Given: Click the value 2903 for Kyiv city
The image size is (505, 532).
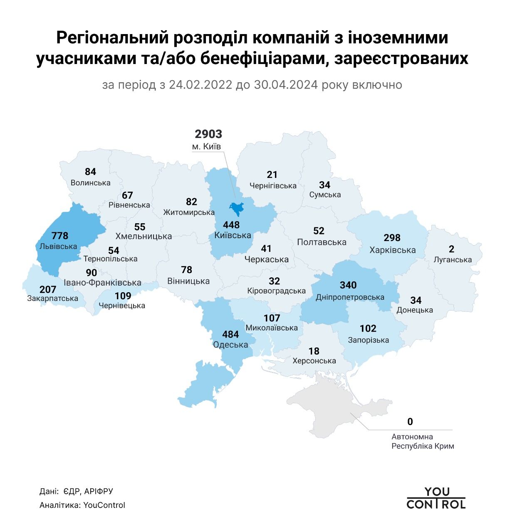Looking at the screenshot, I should click(208, 134).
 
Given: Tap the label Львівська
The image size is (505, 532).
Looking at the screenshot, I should click(58, 246).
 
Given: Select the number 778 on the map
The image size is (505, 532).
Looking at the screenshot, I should click(59, 236).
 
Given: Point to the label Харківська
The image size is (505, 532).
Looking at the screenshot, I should click(392, 250).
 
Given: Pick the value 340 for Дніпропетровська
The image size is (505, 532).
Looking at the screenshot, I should click(348, 285).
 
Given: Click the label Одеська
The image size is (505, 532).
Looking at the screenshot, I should click(230, 345).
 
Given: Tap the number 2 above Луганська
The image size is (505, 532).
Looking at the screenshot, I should click(451, 249).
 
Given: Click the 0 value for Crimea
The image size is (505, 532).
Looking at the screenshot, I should click(410, 422).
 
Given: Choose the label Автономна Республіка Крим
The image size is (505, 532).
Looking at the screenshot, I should click(423, 442).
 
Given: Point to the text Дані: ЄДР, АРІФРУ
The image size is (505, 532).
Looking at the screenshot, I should click(76, 492).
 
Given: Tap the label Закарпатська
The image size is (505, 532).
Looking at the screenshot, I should click(52, 298).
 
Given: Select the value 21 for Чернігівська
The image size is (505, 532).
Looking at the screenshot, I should click(272, 175).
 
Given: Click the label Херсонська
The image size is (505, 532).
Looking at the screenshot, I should click(314, 361).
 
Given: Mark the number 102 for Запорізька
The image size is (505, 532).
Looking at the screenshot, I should click(368, 329).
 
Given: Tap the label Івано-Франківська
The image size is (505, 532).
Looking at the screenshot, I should click(102, 283).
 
